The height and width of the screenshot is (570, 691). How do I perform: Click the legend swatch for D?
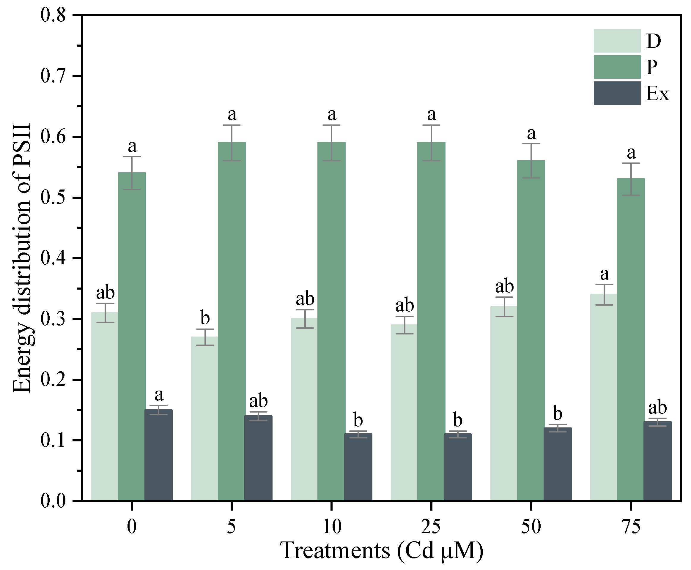(x=617, y=41)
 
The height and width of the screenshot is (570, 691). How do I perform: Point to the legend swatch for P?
(x=617, y=67)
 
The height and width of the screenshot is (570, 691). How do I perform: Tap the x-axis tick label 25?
(x=431, y=527)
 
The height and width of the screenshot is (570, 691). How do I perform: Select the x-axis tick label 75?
(x=631, y=527)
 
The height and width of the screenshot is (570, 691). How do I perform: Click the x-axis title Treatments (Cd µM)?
(x=381, y=551)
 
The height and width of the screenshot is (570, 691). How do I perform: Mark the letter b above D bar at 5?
(x=205, y=318)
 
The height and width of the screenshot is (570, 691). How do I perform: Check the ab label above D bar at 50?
(x=504, y=286)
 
